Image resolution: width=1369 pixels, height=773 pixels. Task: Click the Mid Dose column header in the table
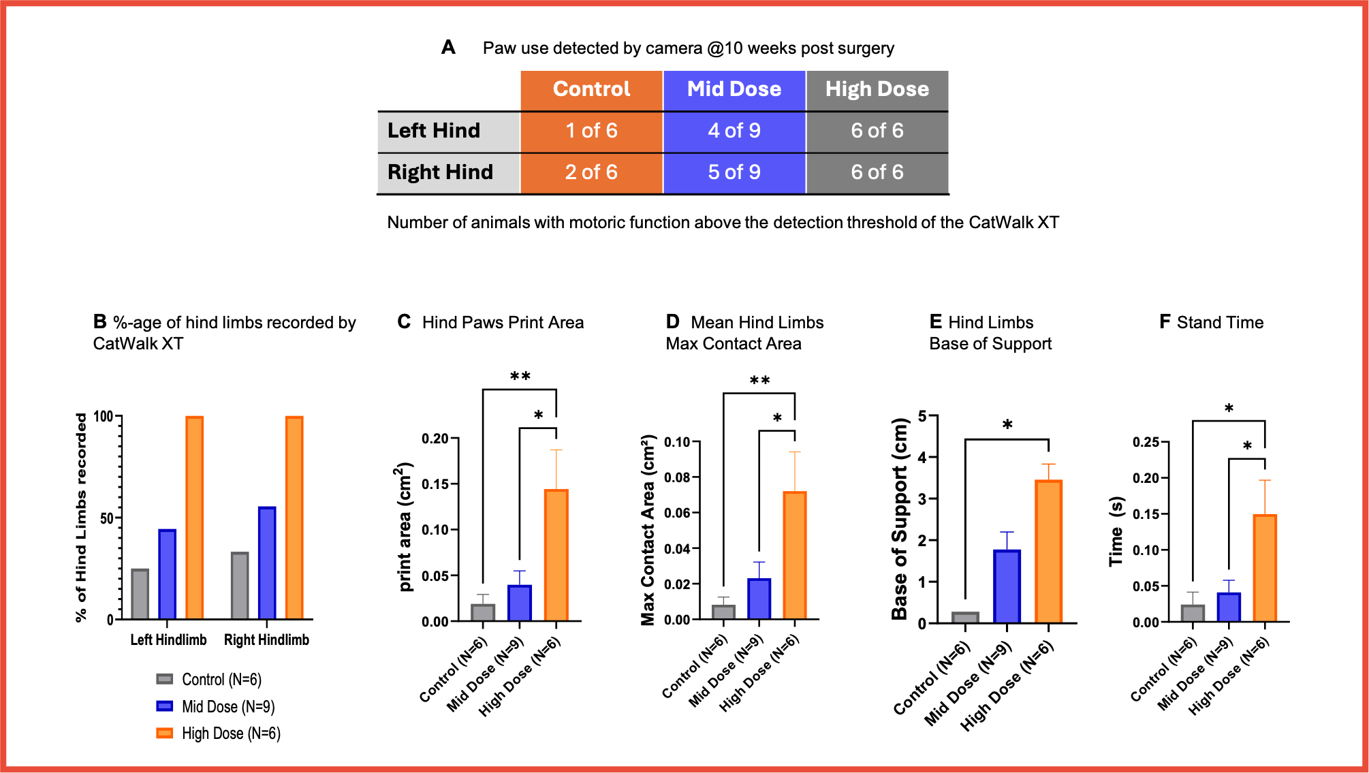(734, 89)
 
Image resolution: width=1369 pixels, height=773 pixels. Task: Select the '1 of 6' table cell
(592, 131)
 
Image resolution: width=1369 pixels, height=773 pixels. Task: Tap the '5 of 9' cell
(734, 172)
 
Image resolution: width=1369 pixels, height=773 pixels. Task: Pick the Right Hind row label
(440, 172)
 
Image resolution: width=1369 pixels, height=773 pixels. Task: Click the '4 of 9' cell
(734, 131)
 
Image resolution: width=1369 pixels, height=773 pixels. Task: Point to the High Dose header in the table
(877, 89)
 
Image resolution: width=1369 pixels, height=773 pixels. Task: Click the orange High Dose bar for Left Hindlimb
(194, 518)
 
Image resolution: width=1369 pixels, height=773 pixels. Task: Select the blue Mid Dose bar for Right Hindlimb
(267, 563)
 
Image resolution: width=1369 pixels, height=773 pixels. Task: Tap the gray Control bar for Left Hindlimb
(140, 594)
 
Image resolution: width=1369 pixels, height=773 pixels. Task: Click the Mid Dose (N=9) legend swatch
(164, 706)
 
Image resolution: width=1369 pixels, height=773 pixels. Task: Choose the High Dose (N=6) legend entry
(219, 733)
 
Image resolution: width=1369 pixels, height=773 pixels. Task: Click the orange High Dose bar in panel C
(556, 555)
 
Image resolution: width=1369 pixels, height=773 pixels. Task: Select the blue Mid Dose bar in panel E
(1007, 586)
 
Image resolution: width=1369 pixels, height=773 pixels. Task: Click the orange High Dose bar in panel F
(1265, 568)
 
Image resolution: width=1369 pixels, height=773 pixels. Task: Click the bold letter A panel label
(448, 47)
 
